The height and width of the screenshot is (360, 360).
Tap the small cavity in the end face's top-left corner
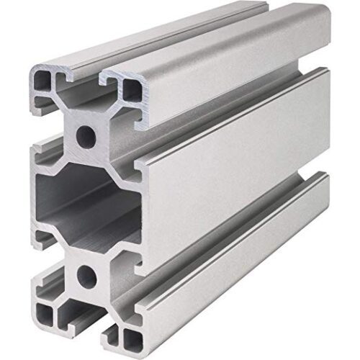(42, 81)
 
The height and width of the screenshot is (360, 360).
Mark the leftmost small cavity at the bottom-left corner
(42, 311)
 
